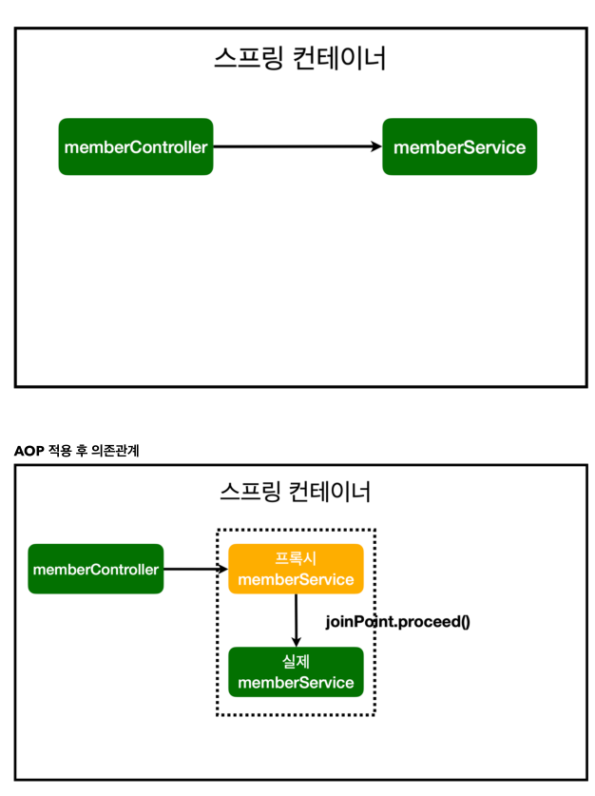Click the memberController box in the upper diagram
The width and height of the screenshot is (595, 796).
point(135,146)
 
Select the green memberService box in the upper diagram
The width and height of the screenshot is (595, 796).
point(459,146)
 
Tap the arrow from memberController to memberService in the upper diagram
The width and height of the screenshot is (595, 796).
point(295,146)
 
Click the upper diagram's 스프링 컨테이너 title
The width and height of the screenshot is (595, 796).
point(299,59)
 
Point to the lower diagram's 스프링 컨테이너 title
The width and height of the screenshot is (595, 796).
point(295,492)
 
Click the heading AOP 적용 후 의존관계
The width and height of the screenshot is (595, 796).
point(77,451)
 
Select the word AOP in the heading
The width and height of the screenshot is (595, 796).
point(29,451)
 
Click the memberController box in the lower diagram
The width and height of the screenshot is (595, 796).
point(95,569)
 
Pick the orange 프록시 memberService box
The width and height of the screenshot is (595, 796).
point(296,569)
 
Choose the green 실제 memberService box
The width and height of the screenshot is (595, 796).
point(296,672)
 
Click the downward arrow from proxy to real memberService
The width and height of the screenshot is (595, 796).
point(297,618)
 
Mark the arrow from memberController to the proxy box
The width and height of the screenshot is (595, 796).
point(195,569)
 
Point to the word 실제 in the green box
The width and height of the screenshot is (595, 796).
point(296,662)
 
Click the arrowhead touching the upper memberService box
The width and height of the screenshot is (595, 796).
point(375,146)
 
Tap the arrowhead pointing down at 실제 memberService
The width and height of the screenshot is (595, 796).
point(297,641)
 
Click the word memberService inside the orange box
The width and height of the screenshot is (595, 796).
point(296,579)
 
